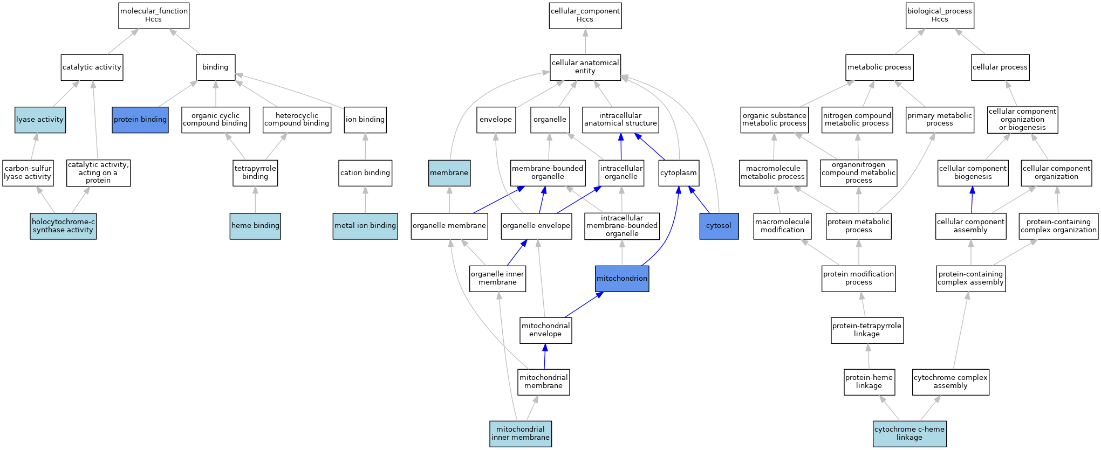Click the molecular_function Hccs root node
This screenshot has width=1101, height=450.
point(154,16)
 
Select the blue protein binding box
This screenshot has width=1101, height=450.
point(140,120)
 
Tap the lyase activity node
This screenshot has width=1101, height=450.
point(40,120)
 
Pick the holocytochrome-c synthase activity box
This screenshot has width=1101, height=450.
point(63,226)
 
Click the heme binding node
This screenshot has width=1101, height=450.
point(255,226)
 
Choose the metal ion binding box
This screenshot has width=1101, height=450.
point(365,226)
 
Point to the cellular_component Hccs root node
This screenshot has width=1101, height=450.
point(585,16)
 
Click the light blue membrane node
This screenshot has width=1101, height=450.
point(449,173)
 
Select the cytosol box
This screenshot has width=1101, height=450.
point(719,226)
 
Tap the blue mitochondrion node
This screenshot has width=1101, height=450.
point(622,279)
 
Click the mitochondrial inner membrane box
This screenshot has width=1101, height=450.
point(521,434)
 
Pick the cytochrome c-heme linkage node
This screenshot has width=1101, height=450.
point(909,434)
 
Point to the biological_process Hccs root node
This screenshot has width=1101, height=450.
point(940,16)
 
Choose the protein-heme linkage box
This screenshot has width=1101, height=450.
point(869,382)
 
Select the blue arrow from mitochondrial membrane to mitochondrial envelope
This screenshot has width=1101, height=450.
point(545,356)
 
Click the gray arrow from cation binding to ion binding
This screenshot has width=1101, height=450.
point(365,147)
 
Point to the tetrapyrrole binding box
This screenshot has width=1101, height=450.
point(255,173)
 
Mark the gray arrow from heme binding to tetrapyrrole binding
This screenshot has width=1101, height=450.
point(255,199)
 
